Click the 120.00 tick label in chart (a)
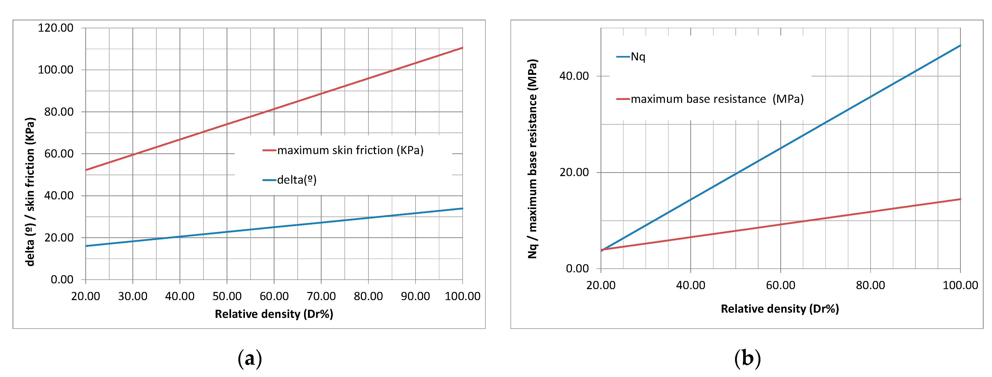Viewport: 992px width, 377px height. (x=55, y=28)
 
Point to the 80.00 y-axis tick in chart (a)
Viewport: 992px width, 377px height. (x=59, y=112)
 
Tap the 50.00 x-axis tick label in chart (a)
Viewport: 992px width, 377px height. (x=227, y=296)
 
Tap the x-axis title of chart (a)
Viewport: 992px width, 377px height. (x=274, y=314)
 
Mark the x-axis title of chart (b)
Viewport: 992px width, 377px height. (x=780, y=309)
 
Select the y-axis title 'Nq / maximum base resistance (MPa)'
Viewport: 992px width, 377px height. (x=532, y=159)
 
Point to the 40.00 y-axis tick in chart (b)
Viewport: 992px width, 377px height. (x=574, y=76)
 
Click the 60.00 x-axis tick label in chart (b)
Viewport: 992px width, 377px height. (x=780, y=285)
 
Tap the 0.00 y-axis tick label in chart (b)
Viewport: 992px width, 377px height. (x=577, y=268)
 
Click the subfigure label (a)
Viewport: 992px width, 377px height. (x=250, y=358)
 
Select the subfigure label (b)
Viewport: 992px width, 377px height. (x=747, y=358)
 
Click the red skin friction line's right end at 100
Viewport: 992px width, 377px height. (x=462, y=48)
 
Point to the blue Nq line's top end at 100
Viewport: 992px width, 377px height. (x=960, y=46)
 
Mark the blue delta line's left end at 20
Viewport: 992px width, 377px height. (x=86, y=246)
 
